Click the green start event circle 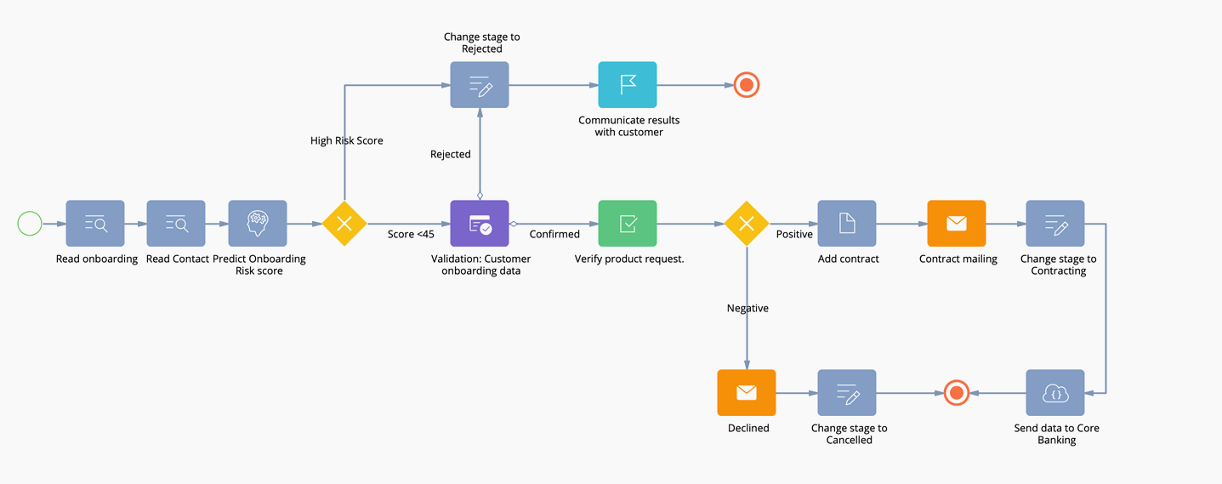pyautogui.click(x=30, y=224)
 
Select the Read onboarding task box pyautogui.click(x=95, y=224)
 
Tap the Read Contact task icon pyautogui.click(x=176, y=224)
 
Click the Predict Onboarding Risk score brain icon pyautogui.click(x=258, y=224)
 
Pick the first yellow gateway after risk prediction pyautogui.click(x=344, y=224)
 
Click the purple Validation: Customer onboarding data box pyautogui.click(x=480, y=224)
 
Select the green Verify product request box pyautogui.click(x=628, y=224)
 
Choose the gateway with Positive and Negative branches pyautogui.click(x=747, y=224)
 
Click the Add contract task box pyautogui.click(x=847, y=224)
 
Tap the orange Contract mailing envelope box pyautogui.click(x=957, y=224)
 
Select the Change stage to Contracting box pyautogui.click(x=1055, y=224)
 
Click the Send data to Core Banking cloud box pyautogui.click(x=1055, y=393)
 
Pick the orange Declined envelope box pyautogui.click(x=747, y=393)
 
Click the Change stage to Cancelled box pyautogui.click(x=847, y=393)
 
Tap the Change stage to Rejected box pyautogui.click(x=480, y=85)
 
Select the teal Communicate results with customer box pyautogui.click(x=628, y=85)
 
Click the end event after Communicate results pyautogui.click(x=747, y=85)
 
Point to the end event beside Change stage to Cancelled pyautogui.click(x=957, y=393)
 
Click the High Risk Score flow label pyautogui.click(x=346, y=141)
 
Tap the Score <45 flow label pyautogui.click(x=411, y=235)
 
